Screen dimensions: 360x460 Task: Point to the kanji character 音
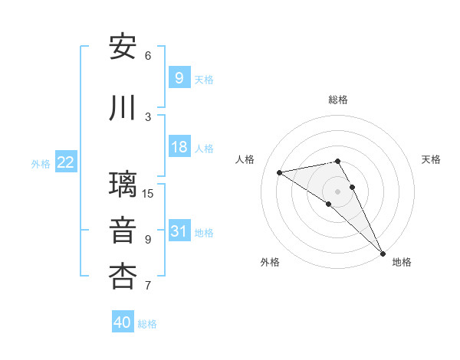click(123, 230)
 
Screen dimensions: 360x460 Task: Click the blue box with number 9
click(179, 78)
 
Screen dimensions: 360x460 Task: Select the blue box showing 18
click(179, 148)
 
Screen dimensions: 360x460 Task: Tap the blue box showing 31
click(179, 232)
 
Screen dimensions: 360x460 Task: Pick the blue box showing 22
click(65, 162)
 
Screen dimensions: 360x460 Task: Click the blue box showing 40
click(123, 322)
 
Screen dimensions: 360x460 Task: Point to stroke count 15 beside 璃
click(148, 193)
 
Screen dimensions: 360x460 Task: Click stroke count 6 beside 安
click(148, 56)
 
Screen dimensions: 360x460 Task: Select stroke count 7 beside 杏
click(148, 286)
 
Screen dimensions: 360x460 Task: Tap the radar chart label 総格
click(338, 100)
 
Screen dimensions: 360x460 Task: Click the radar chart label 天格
click(432, 159)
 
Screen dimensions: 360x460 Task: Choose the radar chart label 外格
click(270, 262)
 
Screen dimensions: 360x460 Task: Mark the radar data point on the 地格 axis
click(383, 253)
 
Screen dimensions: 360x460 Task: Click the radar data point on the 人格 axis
click(279, 172)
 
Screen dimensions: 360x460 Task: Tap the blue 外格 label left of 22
click(41, 163)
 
